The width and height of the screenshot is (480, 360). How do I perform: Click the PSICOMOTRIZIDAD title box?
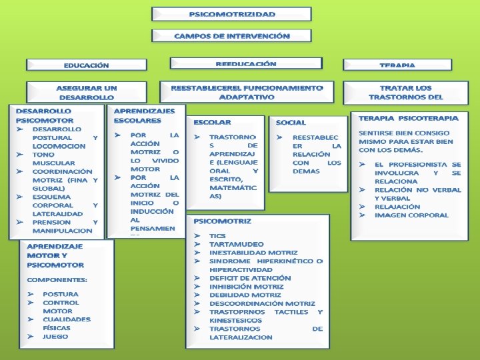[231, 14]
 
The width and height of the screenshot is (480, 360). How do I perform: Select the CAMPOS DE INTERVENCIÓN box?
[231, 36]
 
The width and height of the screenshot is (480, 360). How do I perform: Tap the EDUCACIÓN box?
[87, 65]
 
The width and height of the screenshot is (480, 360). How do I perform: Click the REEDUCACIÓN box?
[245, 64]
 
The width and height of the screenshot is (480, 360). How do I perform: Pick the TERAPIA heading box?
[397, 65]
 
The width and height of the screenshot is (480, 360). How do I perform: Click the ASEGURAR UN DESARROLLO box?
[86, 93]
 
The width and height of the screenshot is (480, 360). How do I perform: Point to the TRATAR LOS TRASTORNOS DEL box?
[405, 93]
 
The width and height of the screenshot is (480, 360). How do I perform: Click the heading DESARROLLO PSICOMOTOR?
[44, 115]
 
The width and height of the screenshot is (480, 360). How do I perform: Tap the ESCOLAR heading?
[212, 123]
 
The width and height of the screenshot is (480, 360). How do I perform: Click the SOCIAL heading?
[291, 123]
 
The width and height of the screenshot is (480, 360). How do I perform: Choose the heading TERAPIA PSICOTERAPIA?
[408, 118]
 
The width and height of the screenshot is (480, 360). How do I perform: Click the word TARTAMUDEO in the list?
[236, 245]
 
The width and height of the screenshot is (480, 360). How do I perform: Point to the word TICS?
[217, 236]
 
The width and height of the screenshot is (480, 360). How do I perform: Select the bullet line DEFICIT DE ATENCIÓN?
[250, 278]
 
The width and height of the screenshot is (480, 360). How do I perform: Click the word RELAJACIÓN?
[397, 207]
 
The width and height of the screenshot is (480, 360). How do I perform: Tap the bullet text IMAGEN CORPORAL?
[411, 215]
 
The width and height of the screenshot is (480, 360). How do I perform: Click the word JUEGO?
[55, 337]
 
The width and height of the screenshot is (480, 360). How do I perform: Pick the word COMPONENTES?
[57, 279]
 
